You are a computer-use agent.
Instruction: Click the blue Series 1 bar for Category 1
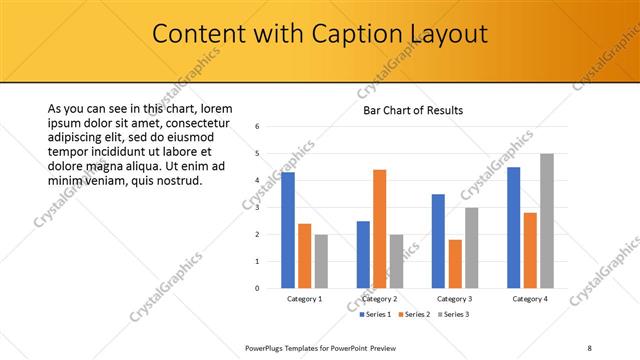[288, 230]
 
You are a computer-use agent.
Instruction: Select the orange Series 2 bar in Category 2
[379, 229]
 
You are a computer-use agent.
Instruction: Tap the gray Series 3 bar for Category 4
[546, 221]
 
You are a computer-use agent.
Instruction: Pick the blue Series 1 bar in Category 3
[438, 241]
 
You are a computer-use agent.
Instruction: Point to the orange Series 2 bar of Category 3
[455, 264]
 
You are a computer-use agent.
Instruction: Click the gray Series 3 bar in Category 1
[320, 261]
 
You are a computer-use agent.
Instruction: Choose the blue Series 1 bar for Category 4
[514, 227]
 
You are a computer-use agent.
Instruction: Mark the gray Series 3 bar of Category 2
[396, 261]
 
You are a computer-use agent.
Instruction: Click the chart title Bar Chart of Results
[412, 110]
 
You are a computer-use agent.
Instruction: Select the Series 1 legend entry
[374, 315]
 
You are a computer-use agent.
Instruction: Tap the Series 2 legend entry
[414, 315]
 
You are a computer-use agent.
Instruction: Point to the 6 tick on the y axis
[258, 127]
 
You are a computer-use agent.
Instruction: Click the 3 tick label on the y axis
[258, 208]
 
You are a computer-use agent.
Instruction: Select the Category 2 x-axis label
[380, 299]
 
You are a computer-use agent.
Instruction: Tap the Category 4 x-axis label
[529, 299]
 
